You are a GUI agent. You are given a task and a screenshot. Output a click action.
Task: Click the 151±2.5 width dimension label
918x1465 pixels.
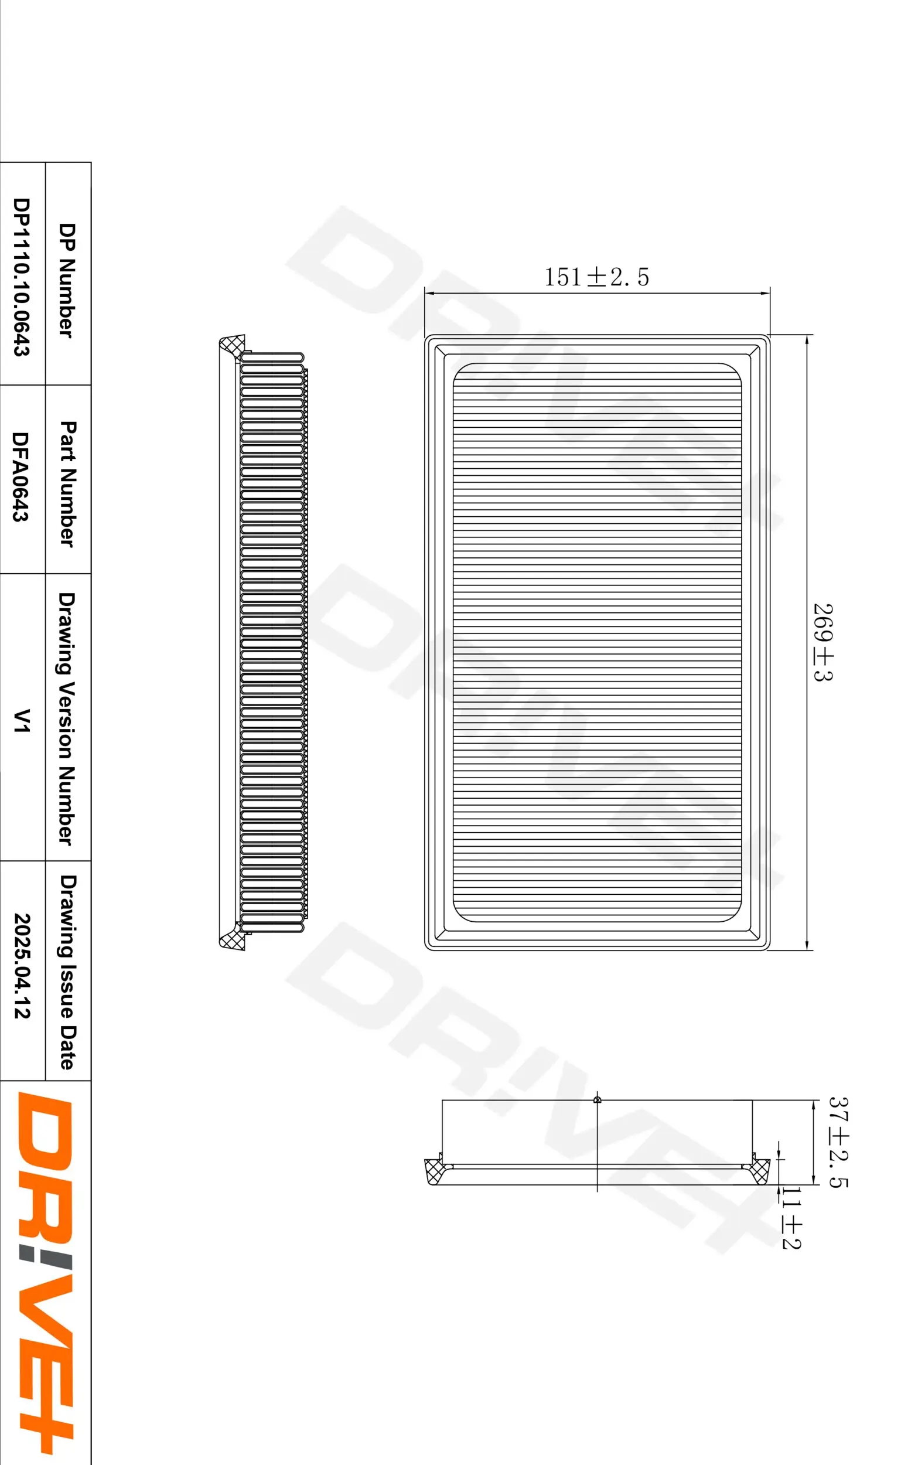pos(596,277)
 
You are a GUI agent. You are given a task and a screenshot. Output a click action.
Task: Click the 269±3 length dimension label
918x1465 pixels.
pos(823,642)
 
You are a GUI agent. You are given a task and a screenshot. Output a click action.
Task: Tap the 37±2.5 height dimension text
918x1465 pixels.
pos(839,1142)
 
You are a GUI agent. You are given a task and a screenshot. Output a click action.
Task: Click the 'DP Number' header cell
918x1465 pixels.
pos(67,280)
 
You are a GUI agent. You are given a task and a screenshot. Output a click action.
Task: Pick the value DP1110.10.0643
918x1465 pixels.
pos(22,277)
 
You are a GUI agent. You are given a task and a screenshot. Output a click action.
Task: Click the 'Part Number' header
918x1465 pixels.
pos(67,484)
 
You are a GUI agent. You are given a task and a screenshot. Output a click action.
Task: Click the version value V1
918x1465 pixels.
pos(21,721)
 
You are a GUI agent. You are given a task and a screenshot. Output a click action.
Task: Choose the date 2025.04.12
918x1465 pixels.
pos(22,966)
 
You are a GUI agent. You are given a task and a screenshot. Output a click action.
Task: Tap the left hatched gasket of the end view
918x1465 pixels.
pos(433,1171)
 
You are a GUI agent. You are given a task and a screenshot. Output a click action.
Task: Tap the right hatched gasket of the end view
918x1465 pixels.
pos(760,1171)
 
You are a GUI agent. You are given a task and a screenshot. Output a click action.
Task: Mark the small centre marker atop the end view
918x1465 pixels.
pos(598,1100)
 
